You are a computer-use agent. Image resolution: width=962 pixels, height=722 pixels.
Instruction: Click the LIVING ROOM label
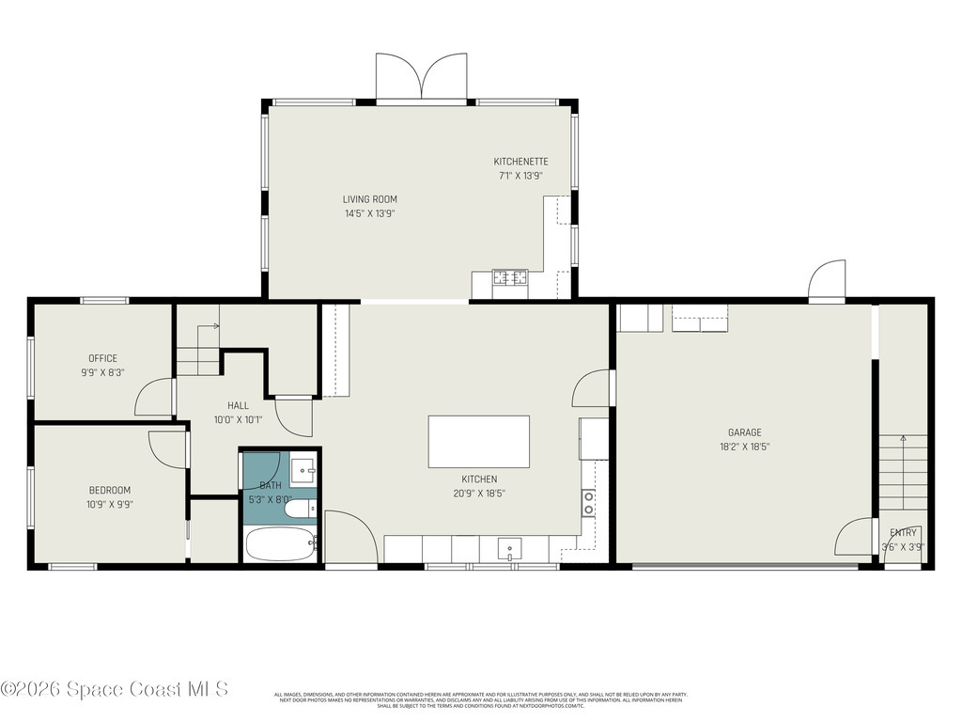pyautogui.click(x=369, y=199)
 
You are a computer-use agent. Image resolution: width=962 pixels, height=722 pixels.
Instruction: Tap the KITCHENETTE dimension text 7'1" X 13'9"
pyautogui.click(x=521, y=176)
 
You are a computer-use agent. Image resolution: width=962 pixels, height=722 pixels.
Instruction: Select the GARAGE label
pyautogui.click(x=744, y=432)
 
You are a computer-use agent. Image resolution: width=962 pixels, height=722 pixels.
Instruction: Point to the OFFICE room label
pyautogui.click(x=102, y=358)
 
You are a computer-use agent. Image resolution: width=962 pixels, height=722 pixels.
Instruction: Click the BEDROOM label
pyautogui.click(x=110, y=490)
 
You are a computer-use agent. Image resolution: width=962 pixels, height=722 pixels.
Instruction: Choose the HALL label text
pyautogui.click(x=238, y=406)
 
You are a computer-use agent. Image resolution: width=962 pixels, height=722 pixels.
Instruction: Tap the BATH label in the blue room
pyautogui.click(x=270, y=486)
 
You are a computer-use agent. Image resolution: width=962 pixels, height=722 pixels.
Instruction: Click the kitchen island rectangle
pyautogui.click(x=478, y=442)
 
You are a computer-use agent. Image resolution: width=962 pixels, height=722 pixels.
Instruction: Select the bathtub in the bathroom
pyautogui.click(x=280, y=543)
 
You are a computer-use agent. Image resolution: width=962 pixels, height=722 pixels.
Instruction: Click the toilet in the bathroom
pyautogui.click(x=302, y=510)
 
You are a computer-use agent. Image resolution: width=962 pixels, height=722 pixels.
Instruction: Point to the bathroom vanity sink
pyautogui.click(x=303, y=467)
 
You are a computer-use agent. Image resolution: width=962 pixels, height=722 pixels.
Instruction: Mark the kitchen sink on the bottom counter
pyautogui.click(x=508, y=548)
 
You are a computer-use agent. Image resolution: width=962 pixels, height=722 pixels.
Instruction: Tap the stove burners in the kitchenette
pyautogui.click(x=510, y=277)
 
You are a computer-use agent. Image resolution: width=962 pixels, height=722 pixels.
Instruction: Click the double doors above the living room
pyautogui.click(x=421, y=77)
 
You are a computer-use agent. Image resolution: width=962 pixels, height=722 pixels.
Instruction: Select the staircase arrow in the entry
pyautogui.click(x=903, y=439)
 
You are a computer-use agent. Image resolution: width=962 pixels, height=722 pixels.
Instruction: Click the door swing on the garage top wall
pyautogui.click(x=827, y=280)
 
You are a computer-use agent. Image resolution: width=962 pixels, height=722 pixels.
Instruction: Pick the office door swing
pyautogui.click(x=154, y=399)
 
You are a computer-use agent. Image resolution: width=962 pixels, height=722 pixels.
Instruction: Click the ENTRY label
pyautogui.click(x=903, y=533)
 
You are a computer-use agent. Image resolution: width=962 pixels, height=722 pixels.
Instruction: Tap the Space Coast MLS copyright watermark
pyautogui.click(x=115, y=690)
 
